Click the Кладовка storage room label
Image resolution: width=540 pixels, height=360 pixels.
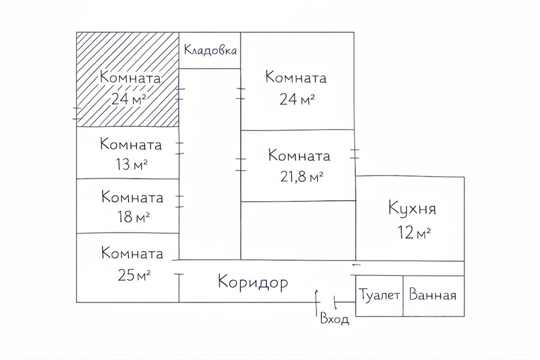(x=210, y=50)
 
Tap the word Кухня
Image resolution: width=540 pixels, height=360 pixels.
(x=412, y=210)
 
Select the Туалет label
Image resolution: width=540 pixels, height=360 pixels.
(x=379, y=295)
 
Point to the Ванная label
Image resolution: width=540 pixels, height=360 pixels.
(x=433, y=295)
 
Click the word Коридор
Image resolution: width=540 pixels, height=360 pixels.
(x=253, y=282)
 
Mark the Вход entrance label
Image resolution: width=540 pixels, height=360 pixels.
(x=335, y=319)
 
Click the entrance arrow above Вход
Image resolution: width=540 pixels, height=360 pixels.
(x=317, y=297)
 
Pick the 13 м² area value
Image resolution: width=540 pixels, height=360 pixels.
(x=131, y=165)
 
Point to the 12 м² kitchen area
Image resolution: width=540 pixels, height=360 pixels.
(x=414, y=233)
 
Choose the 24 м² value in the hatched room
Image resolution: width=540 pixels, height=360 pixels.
(x=129, y=99)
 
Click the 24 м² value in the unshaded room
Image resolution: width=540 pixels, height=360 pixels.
(x=297, y=99)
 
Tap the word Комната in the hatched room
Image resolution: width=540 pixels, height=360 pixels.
(x=130, y=78)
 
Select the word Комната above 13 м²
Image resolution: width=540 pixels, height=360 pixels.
(x=131, y=144)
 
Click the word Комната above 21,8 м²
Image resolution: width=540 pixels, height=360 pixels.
(x=299, y=155)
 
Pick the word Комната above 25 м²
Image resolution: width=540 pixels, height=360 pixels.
(x=132, y=253)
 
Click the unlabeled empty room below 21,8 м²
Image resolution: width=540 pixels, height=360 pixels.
(x=298, y=230)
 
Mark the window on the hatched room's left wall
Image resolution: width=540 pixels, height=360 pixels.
(x=77, y=114)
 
